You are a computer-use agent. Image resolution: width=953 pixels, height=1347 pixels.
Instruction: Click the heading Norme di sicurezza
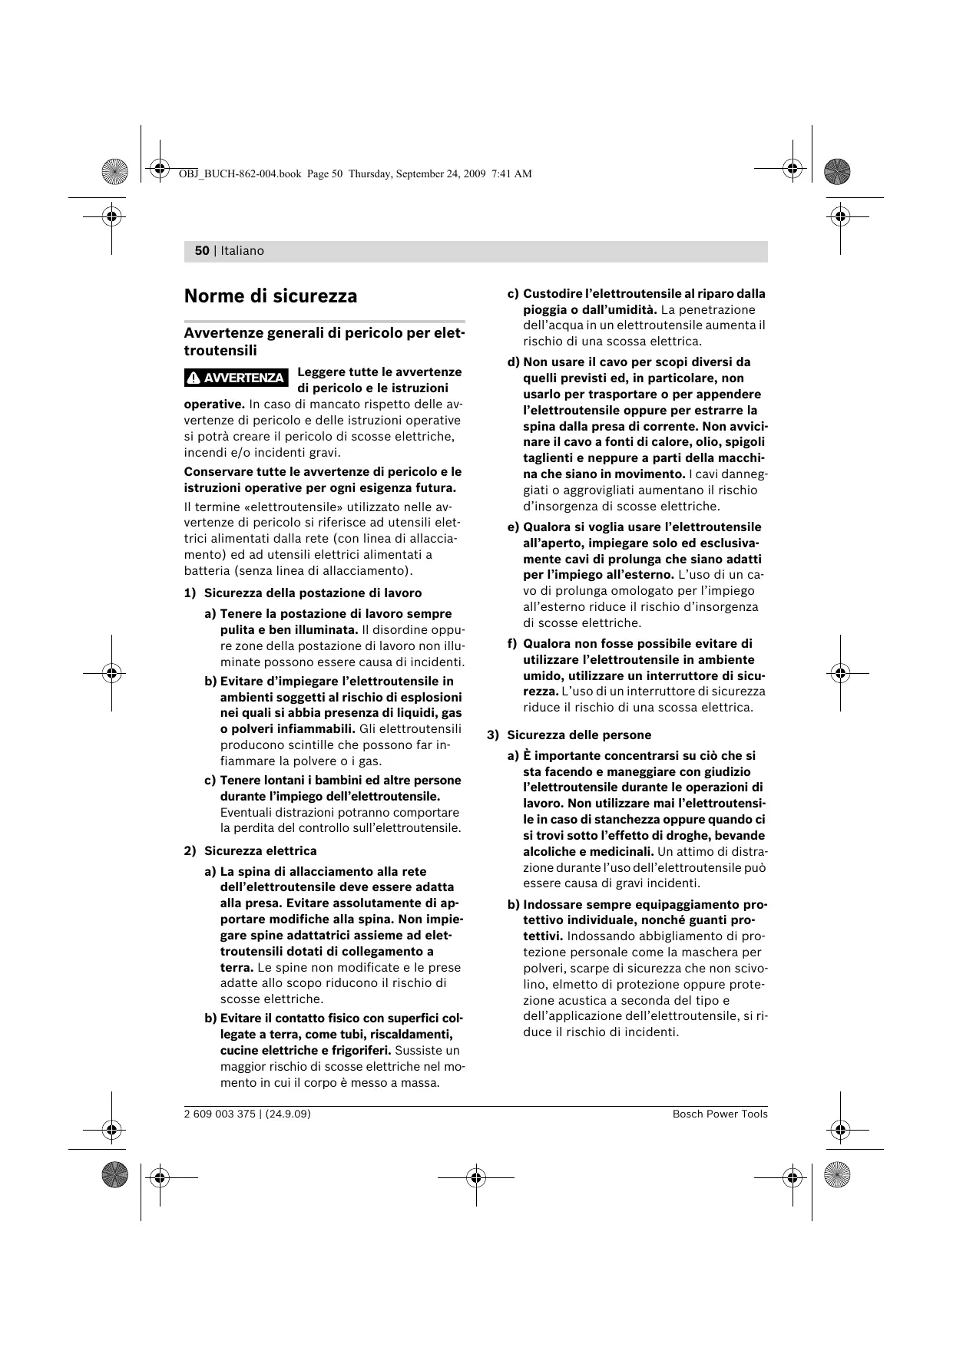(270, 296)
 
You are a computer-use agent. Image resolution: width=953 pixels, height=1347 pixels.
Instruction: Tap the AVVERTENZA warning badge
(237, 378)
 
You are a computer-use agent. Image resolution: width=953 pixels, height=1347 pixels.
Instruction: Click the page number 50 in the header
(202, 251)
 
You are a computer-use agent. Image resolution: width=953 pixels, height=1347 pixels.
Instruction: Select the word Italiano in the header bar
(242, 251)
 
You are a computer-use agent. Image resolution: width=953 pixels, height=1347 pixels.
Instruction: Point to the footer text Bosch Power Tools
(720, 1114)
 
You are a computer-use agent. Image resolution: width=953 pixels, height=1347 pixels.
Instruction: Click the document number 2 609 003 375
(220, 1114)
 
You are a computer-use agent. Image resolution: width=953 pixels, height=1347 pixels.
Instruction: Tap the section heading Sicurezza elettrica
(260, 850)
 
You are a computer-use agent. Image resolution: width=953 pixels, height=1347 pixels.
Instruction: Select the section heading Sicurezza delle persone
(579, 735)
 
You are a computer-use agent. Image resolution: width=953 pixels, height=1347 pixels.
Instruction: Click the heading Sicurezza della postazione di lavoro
(313, 593)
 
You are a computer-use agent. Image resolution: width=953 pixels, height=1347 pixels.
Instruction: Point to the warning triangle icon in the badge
(194, 378)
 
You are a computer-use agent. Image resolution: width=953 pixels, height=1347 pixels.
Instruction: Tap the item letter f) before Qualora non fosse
(512, 643)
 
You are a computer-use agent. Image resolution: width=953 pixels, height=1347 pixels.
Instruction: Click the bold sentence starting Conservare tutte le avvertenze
(323, 480)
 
